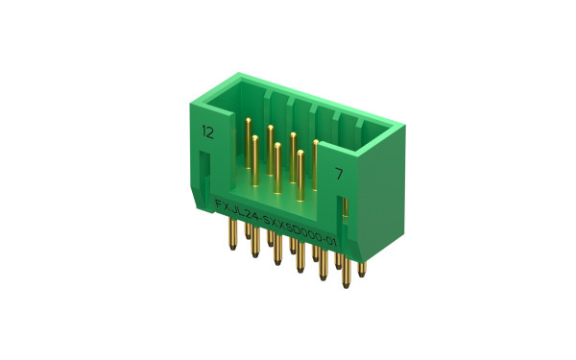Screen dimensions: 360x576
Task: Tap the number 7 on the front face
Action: tap(339, 174)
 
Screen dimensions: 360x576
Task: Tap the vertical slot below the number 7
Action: tap(343, 209)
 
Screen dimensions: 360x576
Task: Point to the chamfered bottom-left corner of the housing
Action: tap(198, 206)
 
